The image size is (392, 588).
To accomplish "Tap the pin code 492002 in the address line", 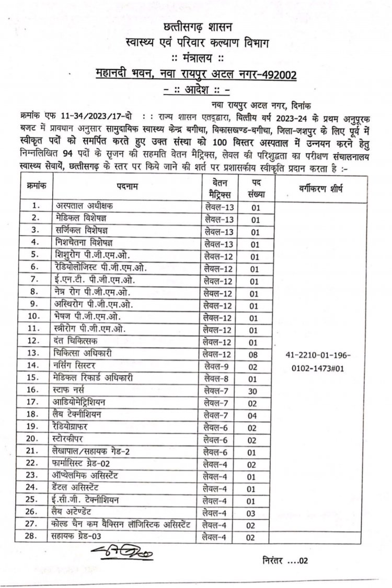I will point(278,75).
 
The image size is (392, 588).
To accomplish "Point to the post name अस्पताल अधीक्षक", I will point(85,206).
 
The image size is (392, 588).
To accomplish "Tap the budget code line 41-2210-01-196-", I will point(319,355).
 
